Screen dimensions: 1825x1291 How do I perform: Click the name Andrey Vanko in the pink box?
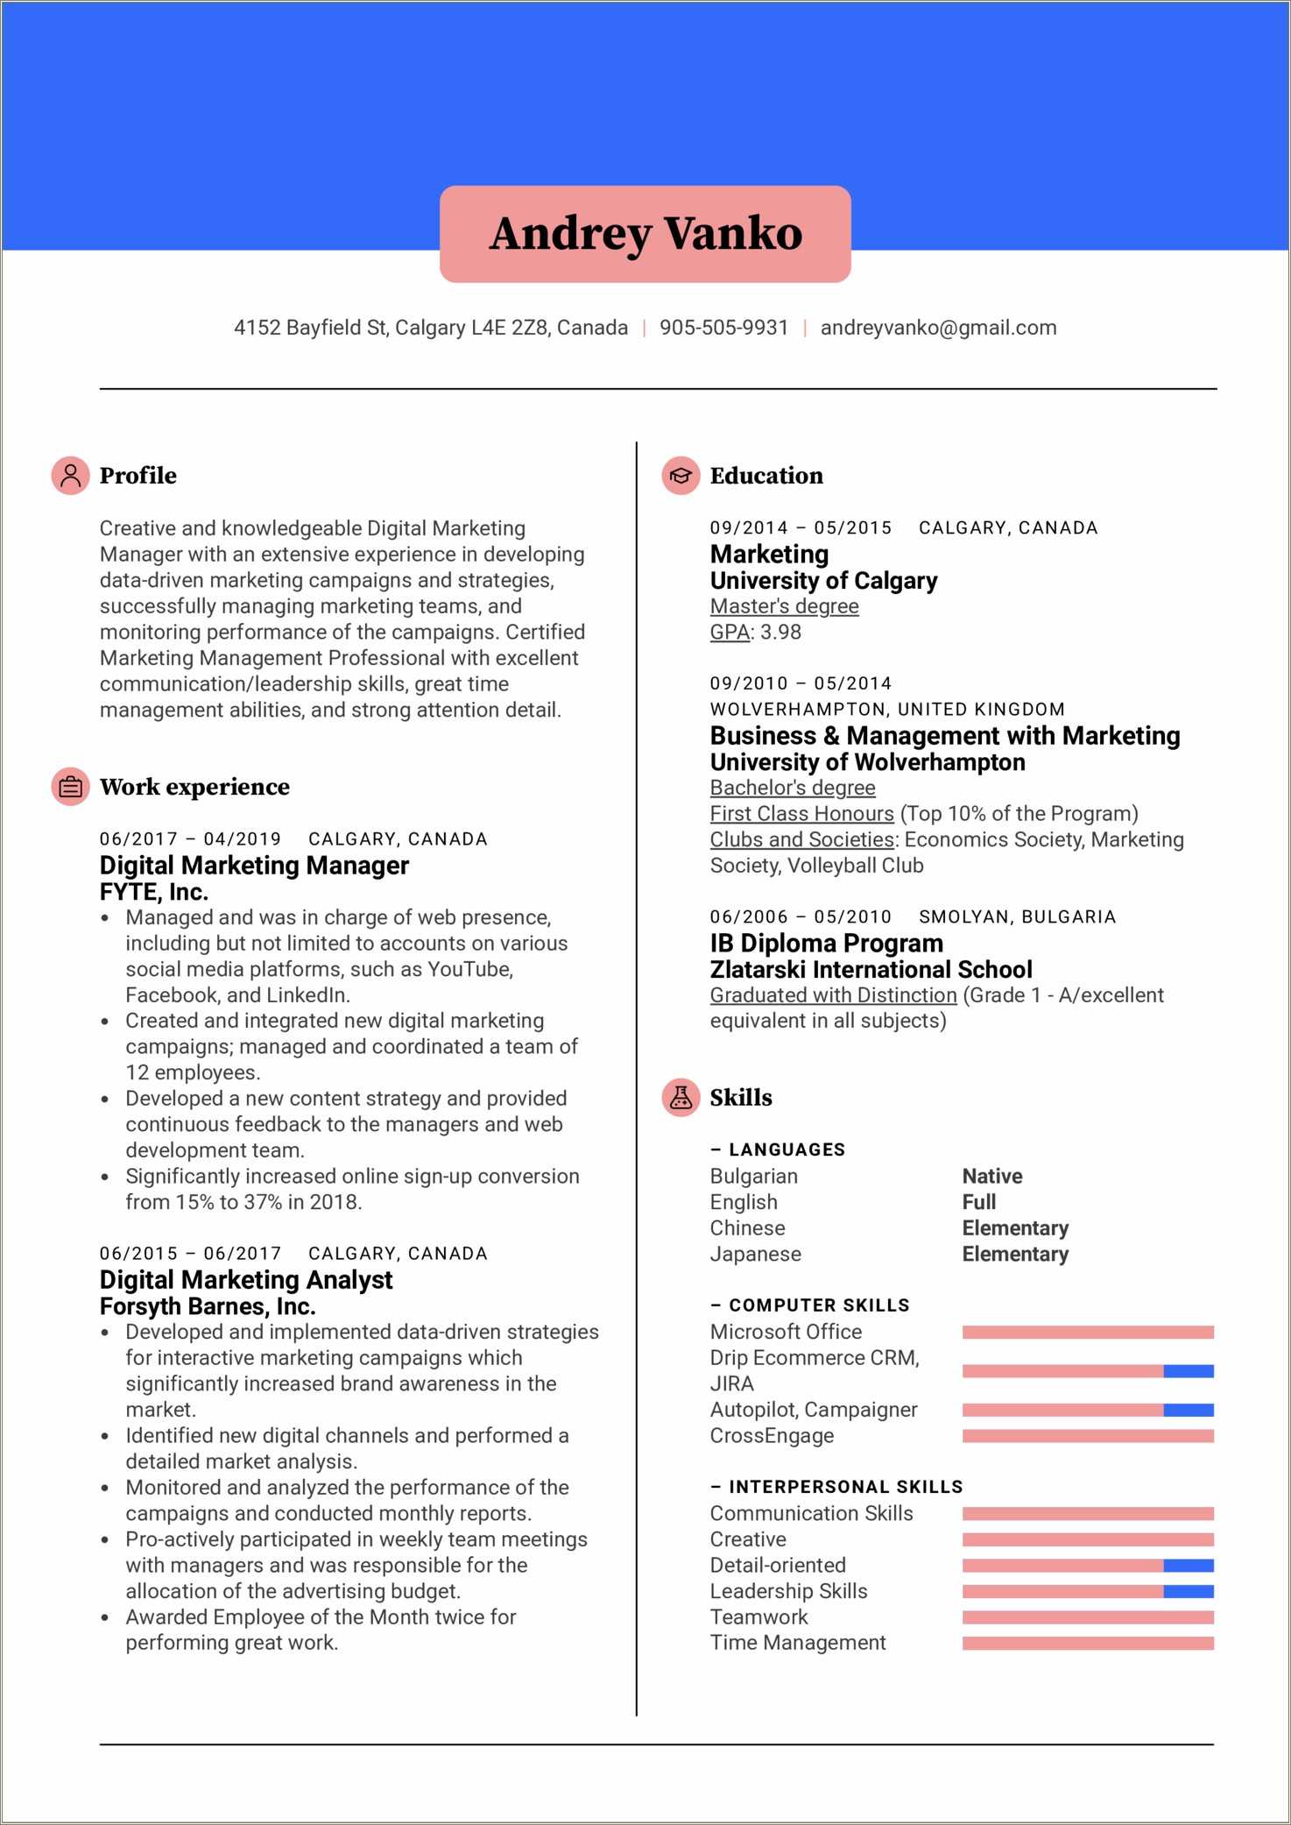click(645, 233)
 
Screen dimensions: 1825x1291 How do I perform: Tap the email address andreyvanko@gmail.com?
click(938, 328)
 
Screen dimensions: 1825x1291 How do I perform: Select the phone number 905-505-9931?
click(723, 328)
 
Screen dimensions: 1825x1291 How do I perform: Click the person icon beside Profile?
click(70, 476)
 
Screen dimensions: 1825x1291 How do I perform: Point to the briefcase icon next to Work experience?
click(70, 787)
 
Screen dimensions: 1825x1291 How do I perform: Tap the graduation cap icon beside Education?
click(681, 476)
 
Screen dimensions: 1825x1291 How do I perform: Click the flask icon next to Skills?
click(681, 1097)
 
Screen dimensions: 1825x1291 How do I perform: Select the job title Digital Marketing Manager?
click(254, 866)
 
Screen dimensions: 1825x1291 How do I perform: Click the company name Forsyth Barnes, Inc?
click(208, 1306)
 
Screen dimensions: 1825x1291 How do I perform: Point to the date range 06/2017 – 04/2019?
click(190, 839)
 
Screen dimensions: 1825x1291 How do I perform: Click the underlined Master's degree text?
click(784, 606)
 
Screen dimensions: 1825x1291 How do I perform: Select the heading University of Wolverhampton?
click(867, 762)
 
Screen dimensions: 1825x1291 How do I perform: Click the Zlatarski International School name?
click(871, 970)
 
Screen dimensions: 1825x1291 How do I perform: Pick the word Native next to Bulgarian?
click(991, 1176)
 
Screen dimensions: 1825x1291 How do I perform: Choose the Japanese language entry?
click(755, 1254)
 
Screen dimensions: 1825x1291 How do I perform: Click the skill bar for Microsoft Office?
click(1087, 1332)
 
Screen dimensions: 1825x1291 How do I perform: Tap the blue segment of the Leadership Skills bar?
click(1188, 1591)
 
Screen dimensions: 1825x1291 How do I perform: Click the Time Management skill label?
click(798, 1643)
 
